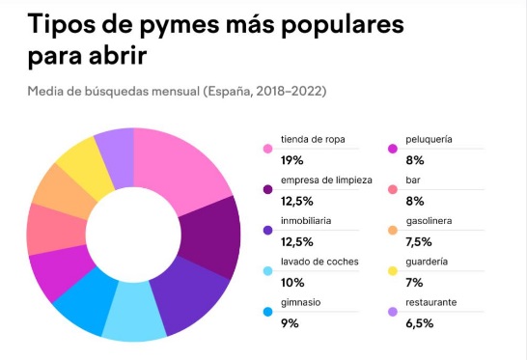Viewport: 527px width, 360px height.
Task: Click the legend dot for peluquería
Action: [393, 148]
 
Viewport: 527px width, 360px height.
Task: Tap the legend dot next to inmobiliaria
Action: [265, 230]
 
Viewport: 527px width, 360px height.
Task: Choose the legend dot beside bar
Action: [393, 189]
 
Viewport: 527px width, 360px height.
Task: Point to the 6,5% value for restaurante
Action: [422, 322]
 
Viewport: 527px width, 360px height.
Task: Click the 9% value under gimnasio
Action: [291, 322]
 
